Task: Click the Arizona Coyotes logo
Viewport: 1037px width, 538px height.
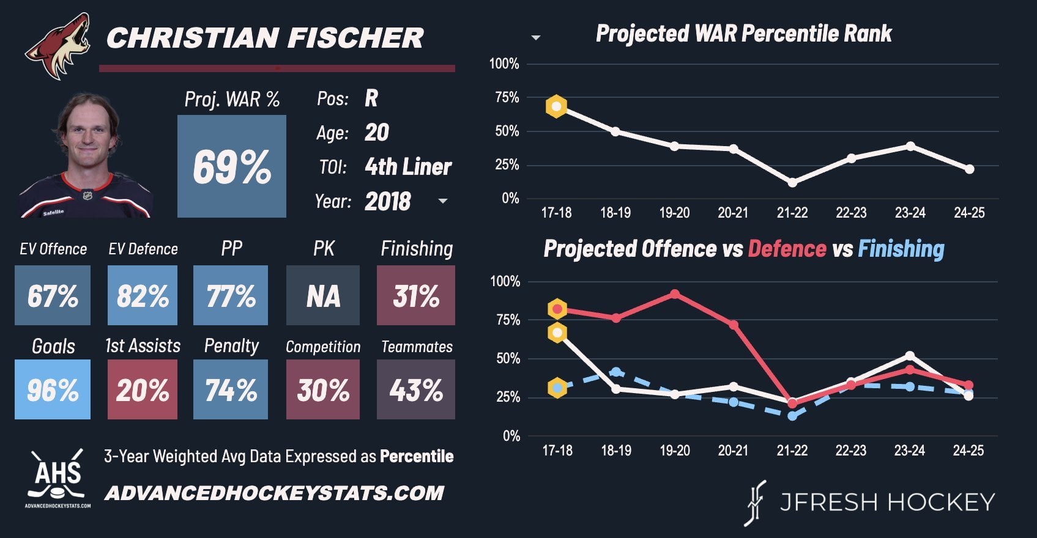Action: coord(58,46)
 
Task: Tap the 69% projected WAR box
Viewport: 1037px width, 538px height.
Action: coord(232,166)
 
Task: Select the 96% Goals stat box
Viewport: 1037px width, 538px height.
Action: coord(53,389)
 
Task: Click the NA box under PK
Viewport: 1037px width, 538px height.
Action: coord(323,295)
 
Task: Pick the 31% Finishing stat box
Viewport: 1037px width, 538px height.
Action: coord(416,295)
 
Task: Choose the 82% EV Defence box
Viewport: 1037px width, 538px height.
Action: coord(143,295)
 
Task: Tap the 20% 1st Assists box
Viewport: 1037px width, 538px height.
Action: coord(143,389)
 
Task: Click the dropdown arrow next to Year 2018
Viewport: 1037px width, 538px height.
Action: coord(443,201)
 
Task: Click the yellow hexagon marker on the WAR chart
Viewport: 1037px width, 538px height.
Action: coord(556,106)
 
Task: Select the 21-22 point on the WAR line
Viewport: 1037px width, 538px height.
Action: coord(792,182)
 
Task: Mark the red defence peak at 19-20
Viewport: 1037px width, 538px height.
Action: coord(674,294)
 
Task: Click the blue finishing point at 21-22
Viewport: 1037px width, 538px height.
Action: coord(792,416)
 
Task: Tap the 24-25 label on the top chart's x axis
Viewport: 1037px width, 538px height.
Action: coord(969,213)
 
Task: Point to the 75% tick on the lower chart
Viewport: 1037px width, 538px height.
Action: coord(508,320)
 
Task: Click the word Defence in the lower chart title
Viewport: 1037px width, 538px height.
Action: coord(787,249)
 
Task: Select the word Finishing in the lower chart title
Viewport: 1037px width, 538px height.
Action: coord(901,249)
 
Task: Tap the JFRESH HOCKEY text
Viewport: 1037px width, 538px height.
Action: coord(887,502)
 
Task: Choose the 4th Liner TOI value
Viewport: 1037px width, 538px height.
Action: coord(408,166)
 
